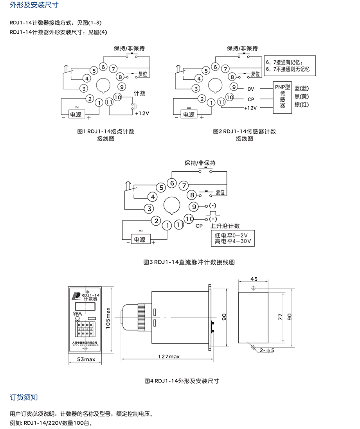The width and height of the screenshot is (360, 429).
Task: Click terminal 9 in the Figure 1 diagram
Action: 122,87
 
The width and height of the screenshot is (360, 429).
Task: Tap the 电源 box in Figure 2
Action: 189,114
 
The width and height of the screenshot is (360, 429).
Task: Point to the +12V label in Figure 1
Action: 142,113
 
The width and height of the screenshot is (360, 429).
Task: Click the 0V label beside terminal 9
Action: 251,88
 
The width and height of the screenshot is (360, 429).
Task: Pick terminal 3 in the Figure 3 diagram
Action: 149,208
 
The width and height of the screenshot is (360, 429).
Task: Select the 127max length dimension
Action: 169,356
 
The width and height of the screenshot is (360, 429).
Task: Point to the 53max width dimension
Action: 86,359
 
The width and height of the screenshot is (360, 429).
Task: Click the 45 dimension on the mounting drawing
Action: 254,279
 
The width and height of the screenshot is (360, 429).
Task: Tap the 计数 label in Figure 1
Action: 140,93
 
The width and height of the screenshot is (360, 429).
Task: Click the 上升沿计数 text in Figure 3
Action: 225,226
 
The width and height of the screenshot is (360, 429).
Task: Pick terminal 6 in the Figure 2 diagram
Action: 216,67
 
